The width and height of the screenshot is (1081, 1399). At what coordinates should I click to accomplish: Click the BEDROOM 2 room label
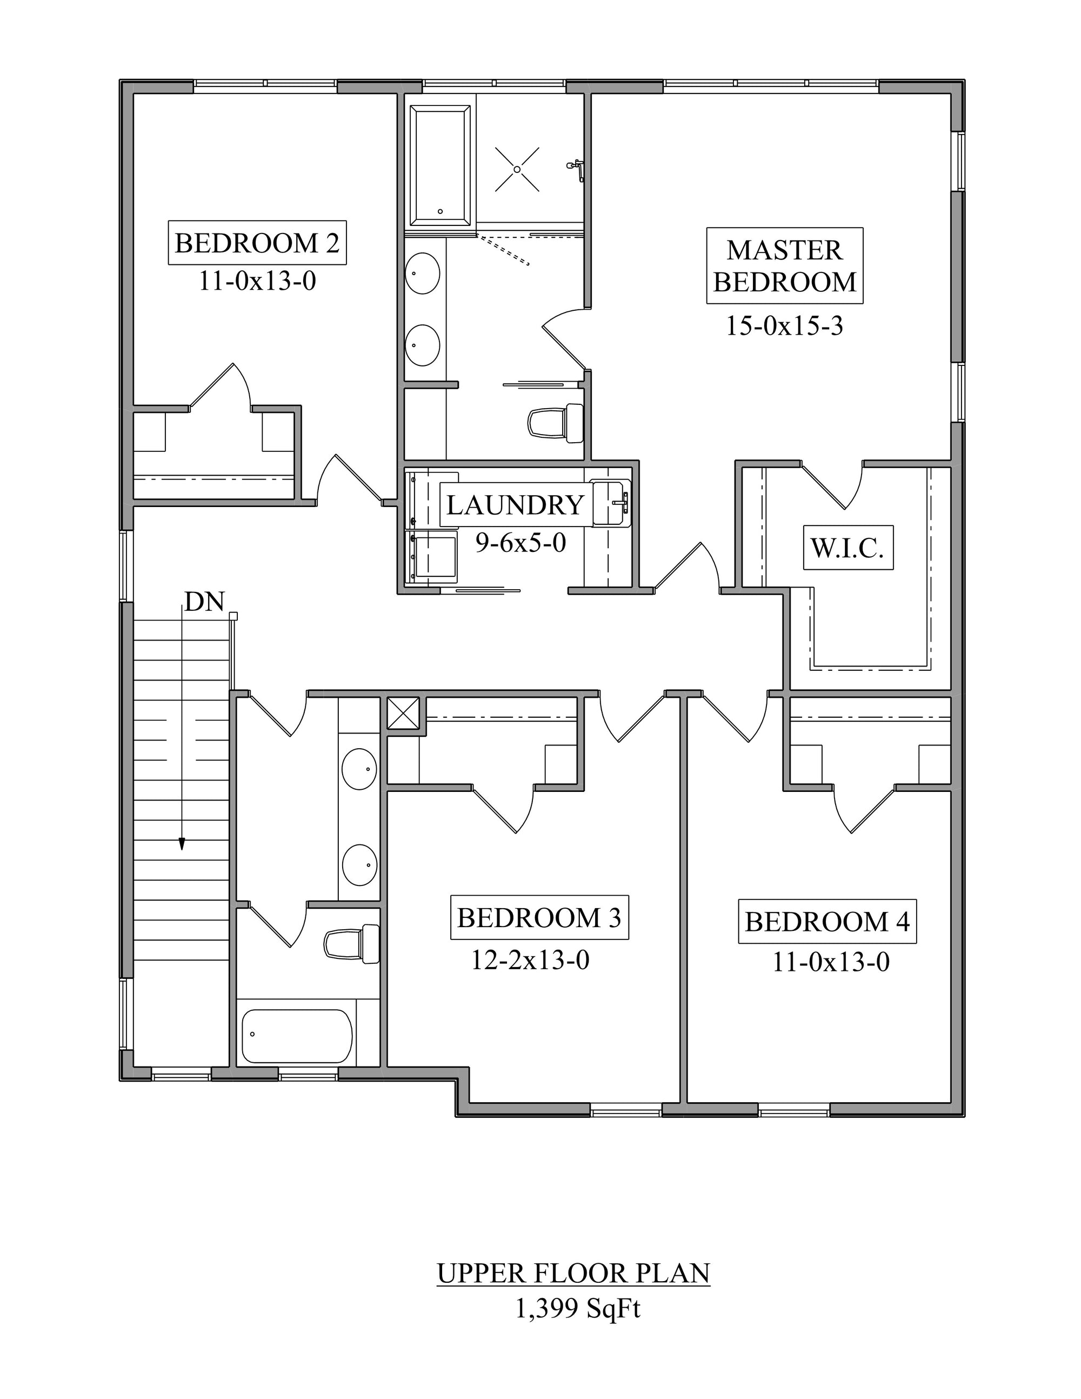[x=257, y=243]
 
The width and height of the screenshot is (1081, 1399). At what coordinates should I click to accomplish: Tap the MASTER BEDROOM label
[x=784, y=266]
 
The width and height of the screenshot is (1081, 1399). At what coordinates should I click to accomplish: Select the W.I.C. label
[x=848, y=548]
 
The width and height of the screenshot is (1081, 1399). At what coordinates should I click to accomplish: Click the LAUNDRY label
[x=516, y=505]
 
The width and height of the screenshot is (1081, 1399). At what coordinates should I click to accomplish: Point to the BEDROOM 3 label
[x=539, y=918]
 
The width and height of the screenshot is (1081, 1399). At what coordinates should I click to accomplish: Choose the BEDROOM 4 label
[x=827, y=922]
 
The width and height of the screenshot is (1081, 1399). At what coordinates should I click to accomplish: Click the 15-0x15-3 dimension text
[x=784, y=327]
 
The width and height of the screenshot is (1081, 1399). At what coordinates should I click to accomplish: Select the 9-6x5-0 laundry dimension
[x=521, y=543]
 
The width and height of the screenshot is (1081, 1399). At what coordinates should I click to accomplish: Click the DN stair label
[x=204, y=602]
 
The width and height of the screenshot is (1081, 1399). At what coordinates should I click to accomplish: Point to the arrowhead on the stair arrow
[x=182, y=844]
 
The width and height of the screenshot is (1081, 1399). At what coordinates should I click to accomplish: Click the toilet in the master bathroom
[x=556, y=423]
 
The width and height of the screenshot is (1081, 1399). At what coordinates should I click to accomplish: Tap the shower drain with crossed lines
[x=517, y=169]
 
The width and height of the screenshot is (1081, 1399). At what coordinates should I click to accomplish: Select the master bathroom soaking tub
[x=440, y=166]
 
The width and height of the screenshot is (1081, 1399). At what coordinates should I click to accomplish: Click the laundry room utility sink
[x=611, y=503]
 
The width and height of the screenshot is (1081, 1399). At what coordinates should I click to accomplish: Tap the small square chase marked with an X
[x=403, y=713]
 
